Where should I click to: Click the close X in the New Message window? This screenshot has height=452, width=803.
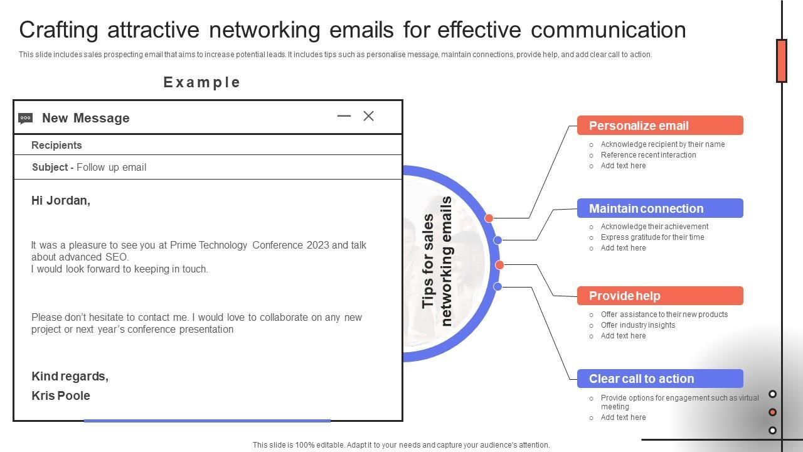tap(369, 116)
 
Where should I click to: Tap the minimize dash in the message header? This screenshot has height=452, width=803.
tap(344, 116)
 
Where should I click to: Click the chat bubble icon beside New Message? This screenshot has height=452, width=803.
tap(26, 118)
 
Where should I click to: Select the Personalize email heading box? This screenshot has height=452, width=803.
tap(660, 126)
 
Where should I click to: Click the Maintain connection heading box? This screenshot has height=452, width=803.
tap(660, 208)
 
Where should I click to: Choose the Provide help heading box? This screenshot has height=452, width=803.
tap(660, 296)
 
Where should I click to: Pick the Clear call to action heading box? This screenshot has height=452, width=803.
tap(660, 379)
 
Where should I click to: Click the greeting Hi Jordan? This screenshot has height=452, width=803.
tap(61, 201)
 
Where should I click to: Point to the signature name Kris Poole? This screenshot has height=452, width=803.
tap(61, 395)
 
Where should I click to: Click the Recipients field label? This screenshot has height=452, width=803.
tap(56, 145)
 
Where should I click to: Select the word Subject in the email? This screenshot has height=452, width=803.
tap(50, 167)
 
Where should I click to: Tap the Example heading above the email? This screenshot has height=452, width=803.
tap(202, 82)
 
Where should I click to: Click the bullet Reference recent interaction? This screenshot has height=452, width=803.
tap(648, 155)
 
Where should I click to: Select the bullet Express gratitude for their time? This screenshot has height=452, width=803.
tap(652, 237)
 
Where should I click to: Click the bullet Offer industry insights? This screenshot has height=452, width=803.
tap(638, 325)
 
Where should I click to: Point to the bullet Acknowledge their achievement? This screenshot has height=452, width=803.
tap(654, 227)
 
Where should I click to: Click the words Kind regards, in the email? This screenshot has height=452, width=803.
tap(70, 376)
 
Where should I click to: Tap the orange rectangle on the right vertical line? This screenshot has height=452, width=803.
tap(782, 61)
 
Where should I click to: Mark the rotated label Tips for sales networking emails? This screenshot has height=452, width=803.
tap(437, 262)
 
